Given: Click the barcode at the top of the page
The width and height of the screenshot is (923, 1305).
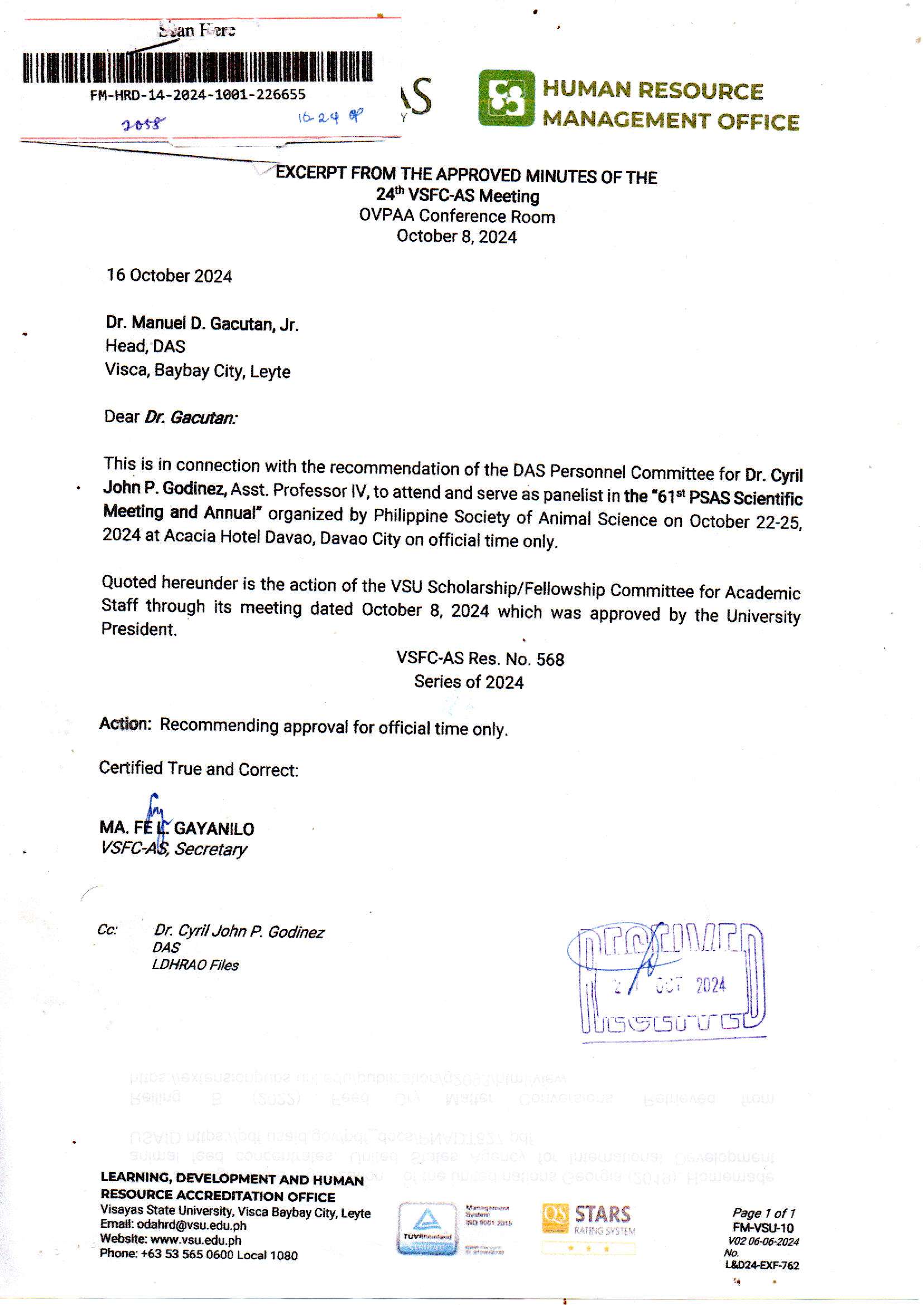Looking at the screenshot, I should click(198, 67).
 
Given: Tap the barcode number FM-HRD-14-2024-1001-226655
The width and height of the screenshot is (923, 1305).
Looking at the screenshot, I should click(198, 95).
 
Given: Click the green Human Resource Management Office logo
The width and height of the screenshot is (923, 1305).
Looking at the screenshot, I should click(506, 98).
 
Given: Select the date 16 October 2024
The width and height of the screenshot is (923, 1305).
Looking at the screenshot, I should click(170, 276).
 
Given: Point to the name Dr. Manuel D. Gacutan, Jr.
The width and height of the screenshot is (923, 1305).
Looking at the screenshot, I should click(202, 323).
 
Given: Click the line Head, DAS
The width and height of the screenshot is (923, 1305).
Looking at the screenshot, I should click(146, 346).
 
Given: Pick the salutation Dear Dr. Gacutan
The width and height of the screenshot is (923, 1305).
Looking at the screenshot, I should click(171, 417).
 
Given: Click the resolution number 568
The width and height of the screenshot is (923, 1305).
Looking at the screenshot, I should click(550, 659).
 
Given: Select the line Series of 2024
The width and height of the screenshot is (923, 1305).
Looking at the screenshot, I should click(468, 682).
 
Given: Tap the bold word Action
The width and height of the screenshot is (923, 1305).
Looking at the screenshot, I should click(125, 724).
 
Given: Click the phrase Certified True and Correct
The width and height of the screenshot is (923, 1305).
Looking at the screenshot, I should click(198, 769).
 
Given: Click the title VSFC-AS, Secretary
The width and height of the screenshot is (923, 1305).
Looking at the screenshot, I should click(174, 849).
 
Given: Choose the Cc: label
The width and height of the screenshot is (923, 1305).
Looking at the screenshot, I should click(107, 930).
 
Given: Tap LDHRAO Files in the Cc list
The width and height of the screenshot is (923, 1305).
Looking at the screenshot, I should click(195, 965).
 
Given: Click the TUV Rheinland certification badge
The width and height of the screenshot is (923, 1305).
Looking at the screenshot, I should click(427, 1229).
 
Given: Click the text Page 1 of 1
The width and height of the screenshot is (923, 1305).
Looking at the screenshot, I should click(763, 1213).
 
